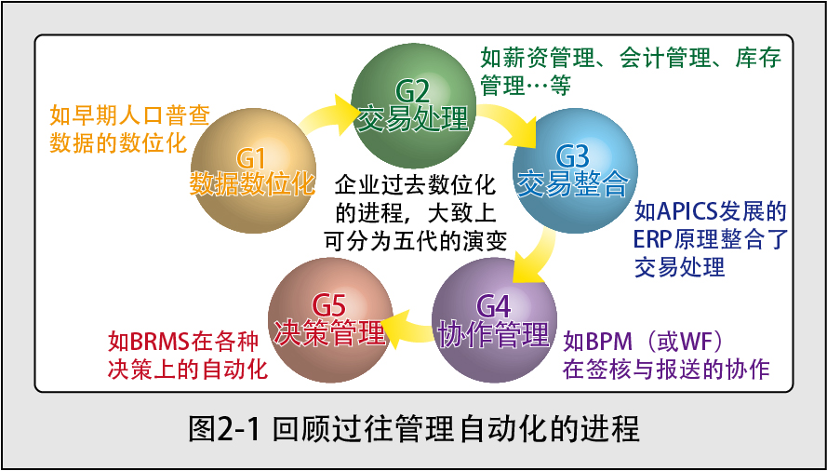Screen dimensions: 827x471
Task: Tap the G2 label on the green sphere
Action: click(413, 93)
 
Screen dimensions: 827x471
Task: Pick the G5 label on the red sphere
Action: click(329, 306)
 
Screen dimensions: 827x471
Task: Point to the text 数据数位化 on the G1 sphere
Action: click(252, 183)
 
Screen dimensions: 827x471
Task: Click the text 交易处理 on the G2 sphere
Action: click(413, 118)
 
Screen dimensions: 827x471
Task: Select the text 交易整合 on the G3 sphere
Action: click(573, 182)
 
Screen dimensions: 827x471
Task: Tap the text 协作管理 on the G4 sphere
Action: click(494, 332)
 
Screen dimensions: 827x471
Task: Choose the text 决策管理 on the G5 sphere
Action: click(329, 332)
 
